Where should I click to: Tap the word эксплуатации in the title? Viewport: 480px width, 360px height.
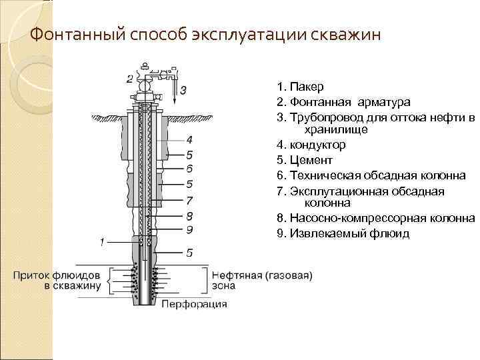click(x=252, y=34)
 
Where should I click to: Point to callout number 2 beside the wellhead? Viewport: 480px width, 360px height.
click(x=129, y=79)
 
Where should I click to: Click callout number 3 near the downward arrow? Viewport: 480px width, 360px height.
click(x=183, y=89)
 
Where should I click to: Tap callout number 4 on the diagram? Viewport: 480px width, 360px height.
click(x=189, y=140)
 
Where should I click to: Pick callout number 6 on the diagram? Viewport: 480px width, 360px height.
click(x=189, y=169)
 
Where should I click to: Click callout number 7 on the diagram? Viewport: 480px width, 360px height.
click(x=189, y=200)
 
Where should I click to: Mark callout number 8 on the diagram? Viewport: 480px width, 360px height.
click(x=189, y=215)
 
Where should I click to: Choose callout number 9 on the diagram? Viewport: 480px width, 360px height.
click(x=189, y=229)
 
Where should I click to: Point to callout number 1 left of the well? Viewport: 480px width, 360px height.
click(x=102, y=241)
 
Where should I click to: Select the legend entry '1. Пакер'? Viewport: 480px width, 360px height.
click(x=301, y=87)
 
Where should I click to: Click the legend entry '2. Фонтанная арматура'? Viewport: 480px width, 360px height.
click(x=344, y=102)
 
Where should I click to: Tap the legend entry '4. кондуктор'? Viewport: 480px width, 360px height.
click(x=311, y=145)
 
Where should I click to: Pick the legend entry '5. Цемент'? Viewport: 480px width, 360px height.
click(x=304, y=160)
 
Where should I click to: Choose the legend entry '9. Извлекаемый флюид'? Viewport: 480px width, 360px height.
click(x=343, y=233)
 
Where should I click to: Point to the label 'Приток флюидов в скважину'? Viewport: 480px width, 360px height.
click(x=58, y=280)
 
